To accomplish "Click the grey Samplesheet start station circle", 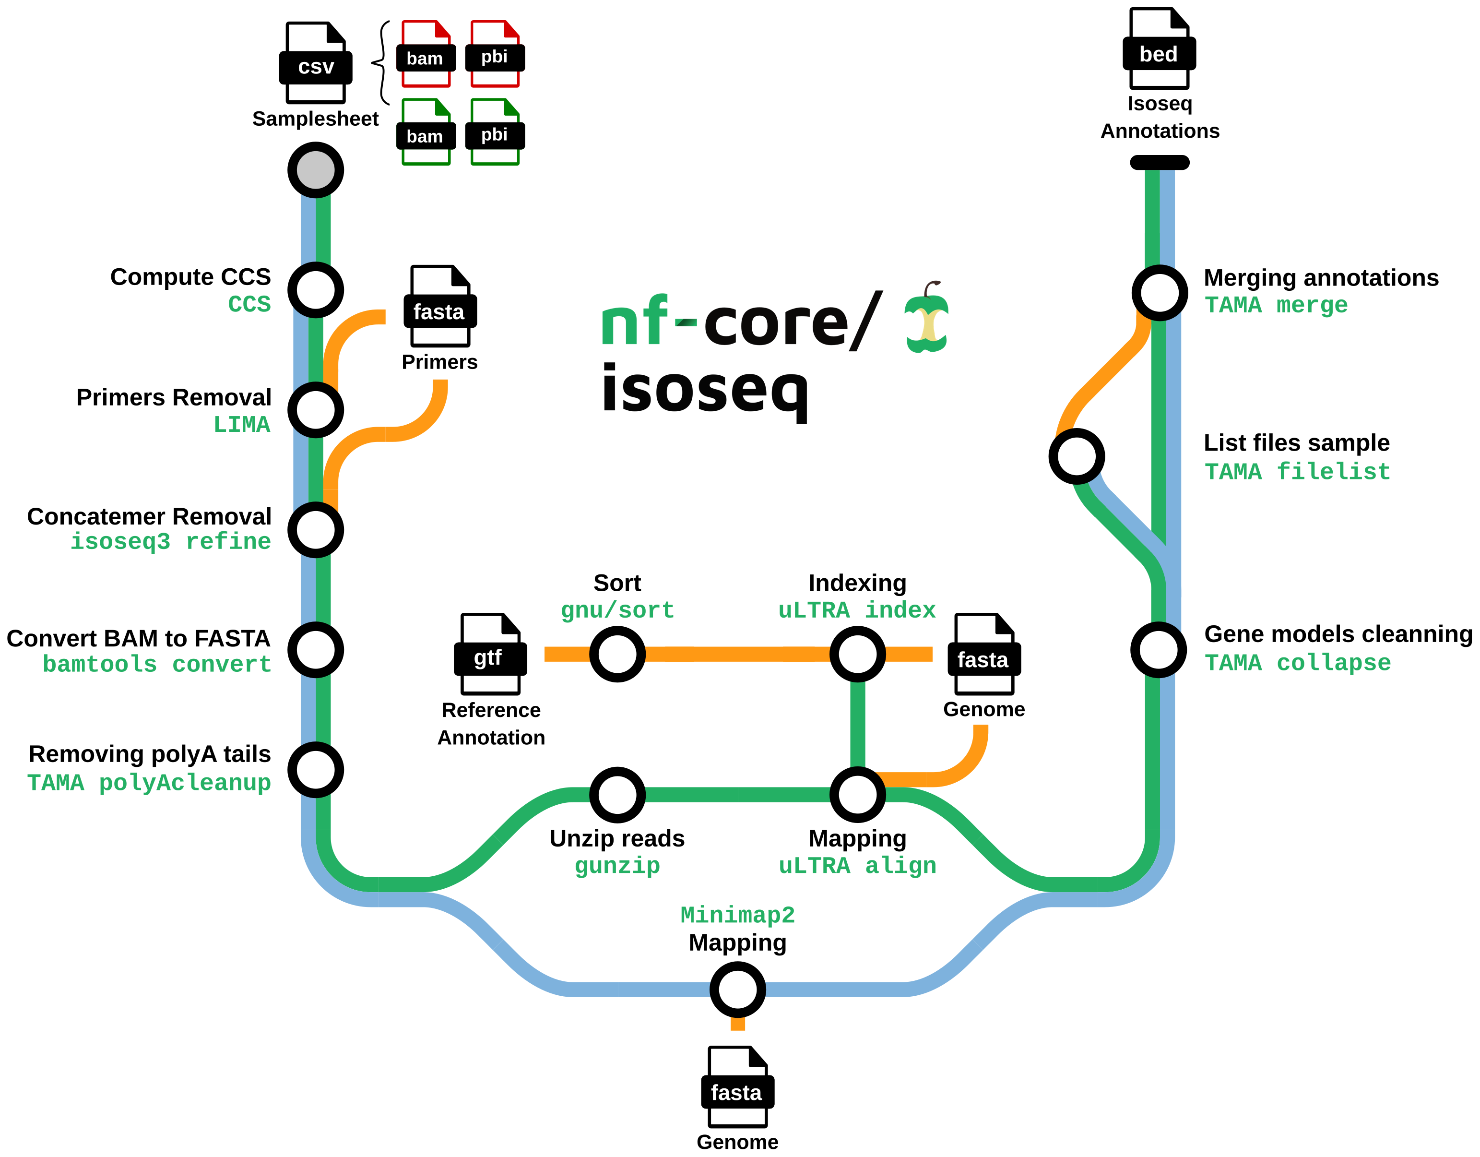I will (316, 169).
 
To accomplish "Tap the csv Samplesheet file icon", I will (316, 62).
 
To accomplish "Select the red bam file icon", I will (426, 54).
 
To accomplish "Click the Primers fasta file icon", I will (440, 306).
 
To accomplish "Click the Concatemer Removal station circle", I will (316, 529).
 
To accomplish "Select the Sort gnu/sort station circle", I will (617, 654).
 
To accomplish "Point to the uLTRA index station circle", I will (857, 654).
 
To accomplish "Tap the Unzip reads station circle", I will (617, 794).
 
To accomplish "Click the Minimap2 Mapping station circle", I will (737, 990).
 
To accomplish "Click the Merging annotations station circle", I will (1160, 293).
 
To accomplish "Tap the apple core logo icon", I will (927, 319).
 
